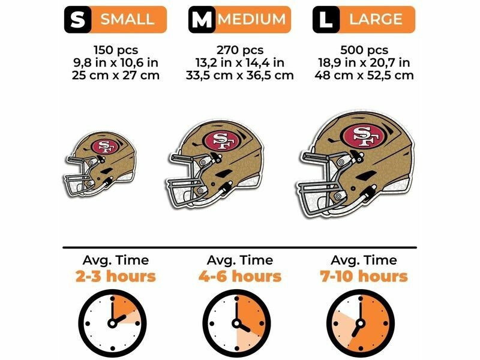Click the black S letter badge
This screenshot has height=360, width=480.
[x=77, y=19]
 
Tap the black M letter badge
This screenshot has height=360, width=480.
[x=201, y=19]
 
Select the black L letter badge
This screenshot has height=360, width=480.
[x=325, y=19]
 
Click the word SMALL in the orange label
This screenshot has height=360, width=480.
[x=127, y=19]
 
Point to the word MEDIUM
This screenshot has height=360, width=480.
[x=251, y=19]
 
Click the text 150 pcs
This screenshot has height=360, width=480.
[x=115, y=50]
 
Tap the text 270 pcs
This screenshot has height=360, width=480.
[x=239, y=50]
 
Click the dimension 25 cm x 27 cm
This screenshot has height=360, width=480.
[x=115, y=75]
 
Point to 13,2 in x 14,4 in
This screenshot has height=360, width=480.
[x=239, y=62]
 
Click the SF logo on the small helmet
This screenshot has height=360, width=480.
[x=106, y=146]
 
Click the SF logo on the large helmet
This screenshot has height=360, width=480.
[x=362, y=136]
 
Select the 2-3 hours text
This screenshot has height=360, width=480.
[x=115, y=276]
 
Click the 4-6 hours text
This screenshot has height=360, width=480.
[x=239, y=276]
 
